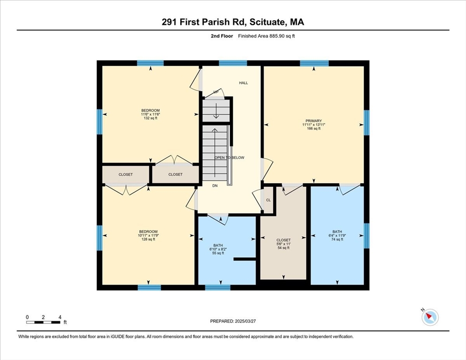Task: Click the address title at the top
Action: point(233,22)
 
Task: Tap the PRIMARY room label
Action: point(313,120)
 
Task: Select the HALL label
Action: point(243,83)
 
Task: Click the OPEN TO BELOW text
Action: point(229,157)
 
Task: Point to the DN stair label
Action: point(215,186)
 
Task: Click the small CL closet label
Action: point(268,200)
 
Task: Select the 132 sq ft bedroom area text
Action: point(150,118)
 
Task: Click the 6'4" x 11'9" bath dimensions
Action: point(337,235)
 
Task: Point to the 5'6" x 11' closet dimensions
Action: point(284,244)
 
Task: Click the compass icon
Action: point(430,317)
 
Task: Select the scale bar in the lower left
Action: point(43,322)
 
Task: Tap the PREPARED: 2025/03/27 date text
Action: point(233,321)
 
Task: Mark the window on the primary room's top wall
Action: point(314,63)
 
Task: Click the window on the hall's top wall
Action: point(233,63)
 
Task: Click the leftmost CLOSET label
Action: point(126,174)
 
